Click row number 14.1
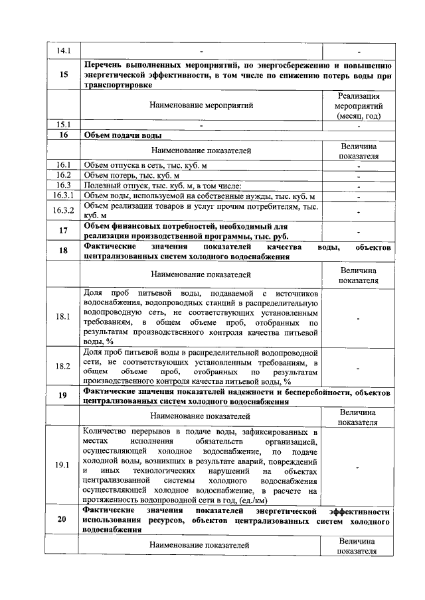point(63,50)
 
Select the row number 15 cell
point(63,74)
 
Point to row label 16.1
point(63,164)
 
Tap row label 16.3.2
point(63,210)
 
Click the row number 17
point(63,231)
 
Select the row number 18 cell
point(63,251)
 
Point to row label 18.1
point(63,316)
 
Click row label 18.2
point(63,366)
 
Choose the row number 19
point(63,396)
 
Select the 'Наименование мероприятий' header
point(201,105)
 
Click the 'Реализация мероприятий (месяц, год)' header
point(359,105)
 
